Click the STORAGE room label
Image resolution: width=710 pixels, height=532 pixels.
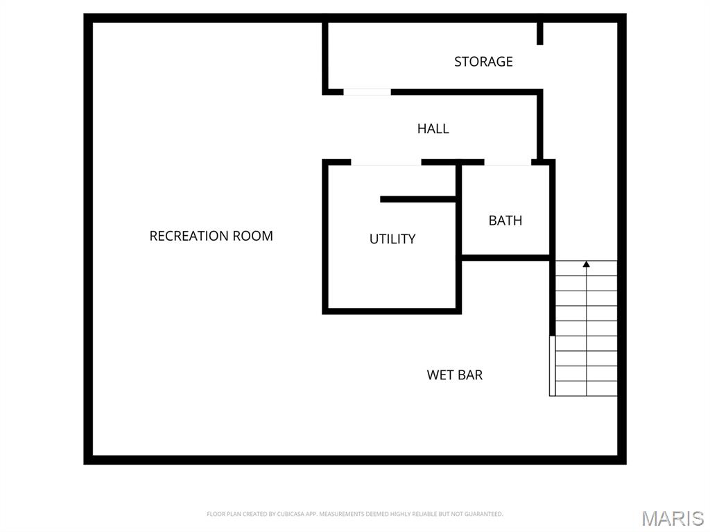(483, 62)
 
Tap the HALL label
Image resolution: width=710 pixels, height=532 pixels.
(433, 129)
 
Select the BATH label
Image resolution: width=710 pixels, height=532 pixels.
(505, 221)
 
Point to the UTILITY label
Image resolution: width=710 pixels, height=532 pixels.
(392, 239)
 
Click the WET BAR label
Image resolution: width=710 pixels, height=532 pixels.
(454, 375)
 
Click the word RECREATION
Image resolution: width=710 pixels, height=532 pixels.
(189, 236)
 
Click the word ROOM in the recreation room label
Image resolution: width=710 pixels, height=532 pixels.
(252, 236)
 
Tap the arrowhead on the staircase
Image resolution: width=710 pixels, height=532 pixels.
(586, 264)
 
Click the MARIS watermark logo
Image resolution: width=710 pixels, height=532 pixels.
(673, 518)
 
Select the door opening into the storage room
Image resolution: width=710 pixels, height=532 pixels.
(367, 92)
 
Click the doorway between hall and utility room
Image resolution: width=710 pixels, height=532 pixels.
(386, 162)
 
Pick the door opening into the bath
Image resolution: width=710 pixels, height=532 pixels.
(508, 162)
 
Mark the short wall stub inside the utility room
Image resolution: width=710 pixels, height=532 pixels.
(417, 199)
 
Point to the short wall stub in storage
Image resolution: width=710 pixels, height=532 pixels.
(539, 33)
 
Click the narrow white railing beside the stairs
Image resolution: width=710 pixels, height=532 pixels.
(552, 366)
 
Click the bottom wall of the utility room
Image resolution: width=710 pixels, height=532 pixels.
(392, 311)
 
